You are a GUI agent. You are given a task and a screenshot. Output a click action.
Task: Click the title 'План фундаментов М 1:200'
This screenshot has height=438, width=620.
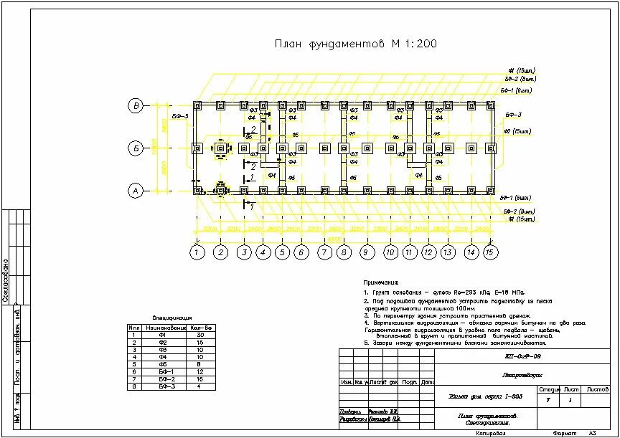tap(355, 44)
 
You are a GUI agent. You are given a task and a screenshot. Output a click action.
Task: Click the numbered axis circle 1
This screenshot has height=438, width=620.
tap(197, 252)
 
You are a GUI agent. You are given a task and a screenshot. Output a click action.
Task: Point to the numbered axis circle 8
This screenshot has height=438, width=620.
tap(344, 252)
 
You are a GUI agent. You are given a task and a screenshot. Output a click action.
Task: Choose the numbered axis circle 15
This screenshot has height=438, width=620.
tap(490, 252)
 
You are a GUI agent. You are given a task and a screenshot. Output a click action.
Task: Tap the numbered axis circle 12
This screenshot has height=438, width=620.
tap(428, 252)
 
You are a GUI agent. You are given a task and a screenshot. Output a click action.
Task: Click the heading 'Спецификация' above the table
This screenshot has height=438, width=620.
tap(172, 318)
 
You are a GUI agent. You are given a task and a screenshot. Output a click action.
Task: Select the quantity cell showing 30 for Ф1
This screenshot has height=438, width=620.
tap(201, 335)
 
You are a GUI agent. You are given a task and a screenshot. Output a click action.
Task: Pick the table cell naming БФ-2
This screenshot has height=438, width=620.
tap(166, 379)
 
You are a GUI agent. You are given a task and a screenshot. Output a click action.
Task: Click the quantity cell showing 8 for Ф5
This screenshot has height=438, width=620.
tap(201, 364)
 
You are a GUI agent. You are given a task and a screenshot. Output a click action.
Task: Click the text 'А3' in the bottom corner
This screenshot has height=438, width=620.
tap(593, 433)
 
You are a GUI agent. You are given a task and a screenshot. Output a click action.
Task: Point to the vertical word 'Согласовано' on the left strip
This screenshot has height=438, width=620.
tap(6, 280)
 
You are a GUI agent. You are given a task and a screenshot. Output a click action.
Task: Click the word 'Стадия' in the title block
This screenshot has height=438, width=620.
tap(549, 389)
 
